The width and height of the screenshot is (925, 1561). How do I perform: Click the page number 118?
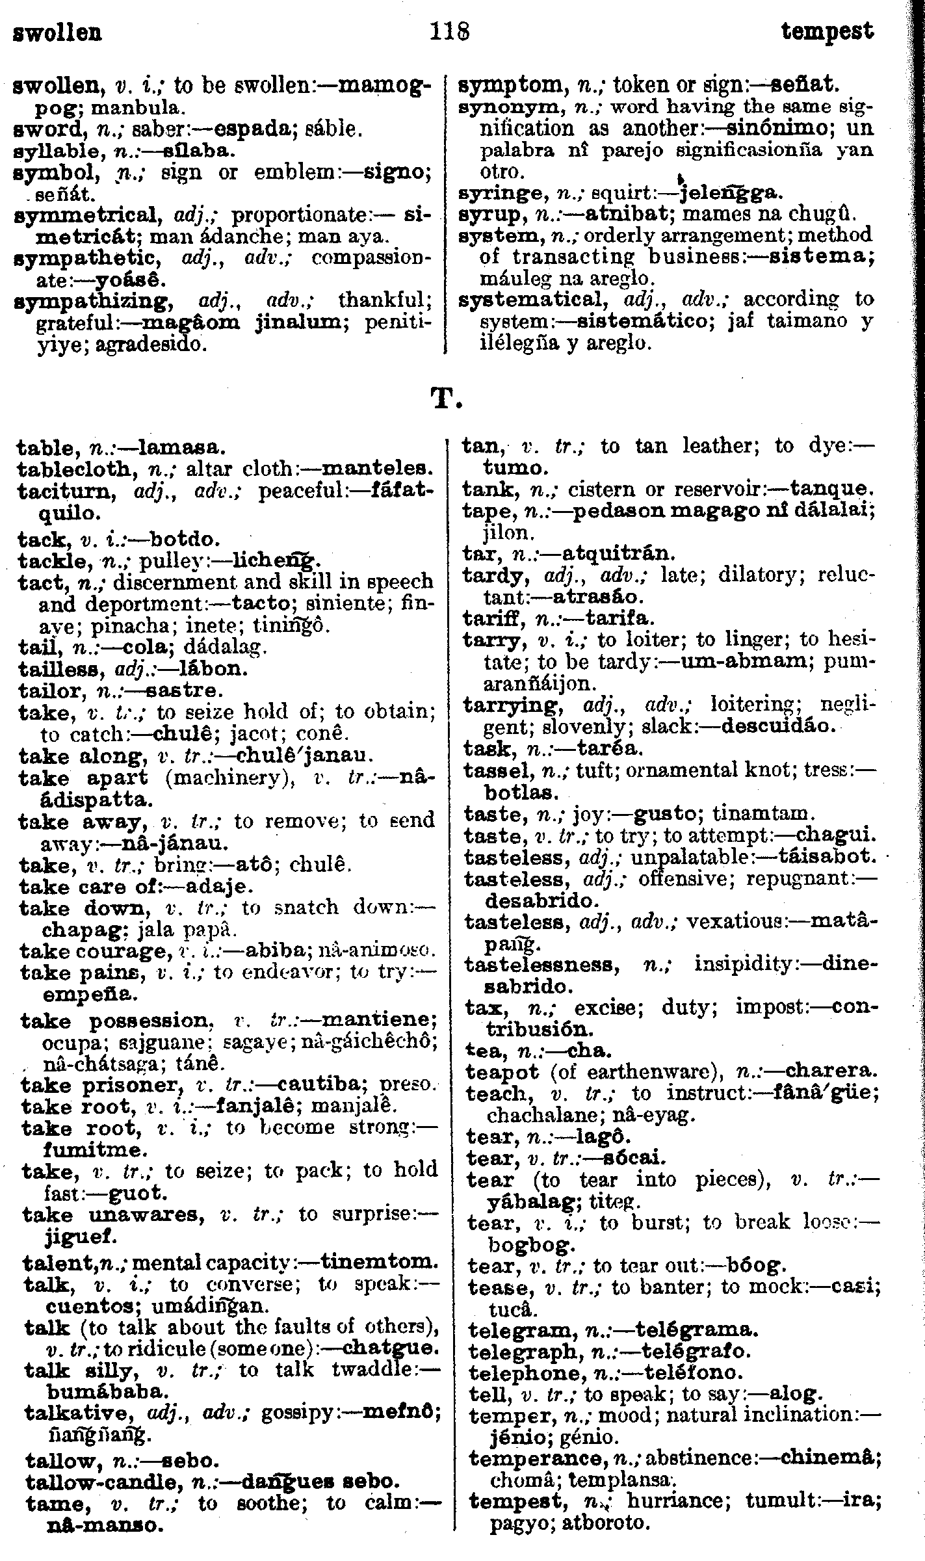[450, 31]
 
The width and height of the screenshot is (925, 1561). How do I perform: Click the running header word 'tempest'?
[827, 31]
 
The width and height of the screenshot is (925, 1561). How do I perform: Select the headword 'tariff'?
[494, 618]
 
